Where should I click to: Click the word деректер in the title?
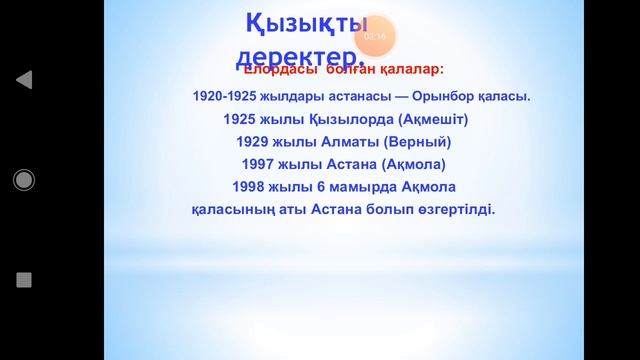pos(296,55)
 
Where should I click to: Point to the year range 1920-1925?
pos(225,97)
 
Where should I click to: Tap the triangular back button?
pos(24,80)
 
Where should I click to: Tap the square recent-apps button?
pos(24,280)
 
